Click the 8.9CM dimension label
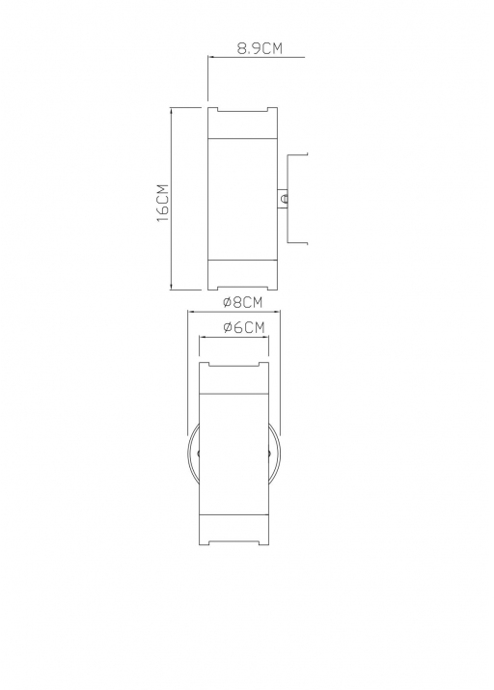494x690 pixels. [x=260, y=47]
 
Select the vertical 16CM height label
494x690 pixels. [x=162, y=203]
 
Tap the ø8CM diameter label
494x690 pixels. [x=243, y=302]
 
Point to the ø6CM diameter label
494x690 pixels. [x=244, y=327]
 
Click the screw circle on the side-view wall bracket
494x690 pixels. [x=285, y=199]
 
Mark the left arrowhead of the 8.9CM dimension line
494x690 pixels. [x=211, y=57]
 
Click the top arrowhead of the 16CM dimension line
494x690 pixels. [x=171, y=110]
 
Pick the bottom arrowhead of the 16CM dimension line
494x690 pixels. [x=171, y=287]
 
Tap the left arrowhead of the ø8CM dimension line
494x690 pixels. [x=191, y=312]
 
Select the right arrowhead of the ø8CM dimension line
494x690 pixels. [x=277, y=312]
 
